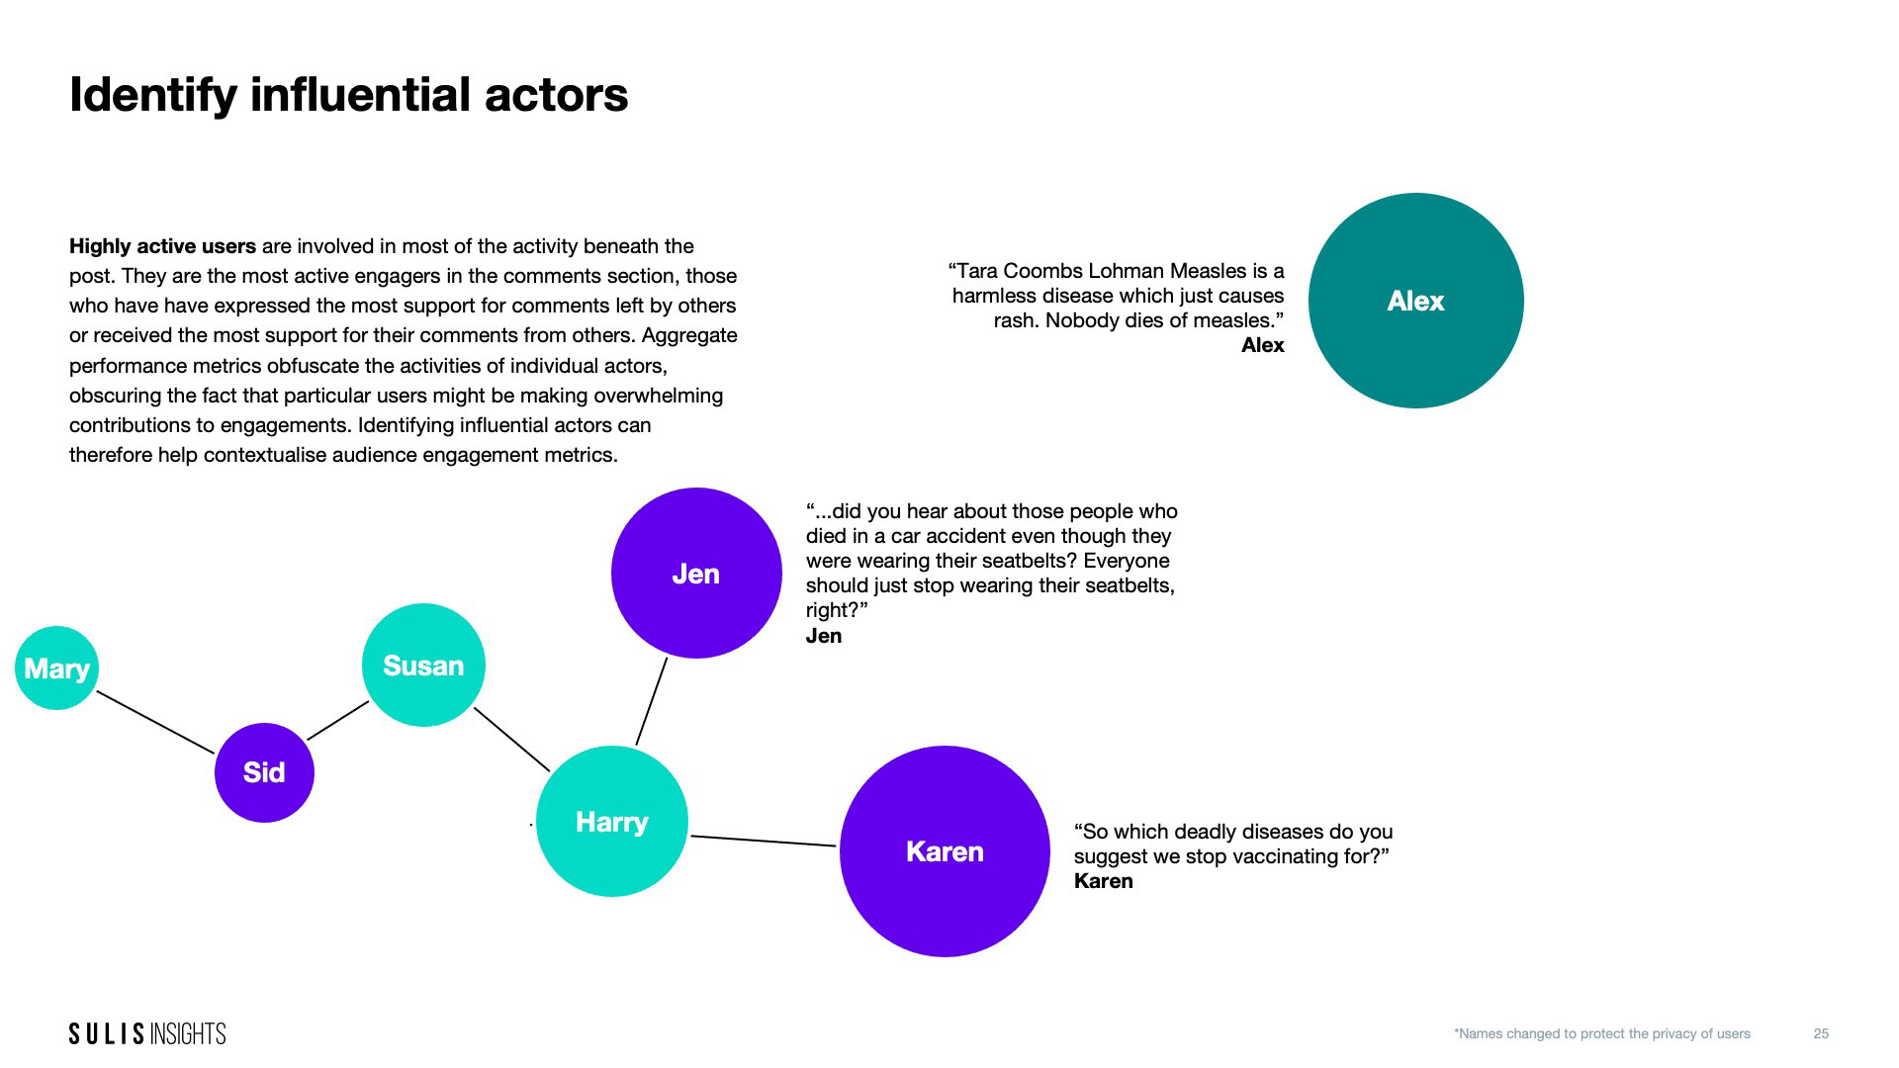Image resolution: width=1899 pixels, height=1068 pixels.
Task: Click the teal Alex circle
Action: pyautogui.click(x=1415, y=301)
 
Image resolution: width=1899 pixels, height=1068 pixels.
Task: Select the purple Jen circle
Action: pyautogui.click(x=696, y=573)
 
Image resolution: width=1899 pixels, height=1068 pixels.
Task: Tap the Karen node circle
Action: pyautogui.click(x=945, y=851)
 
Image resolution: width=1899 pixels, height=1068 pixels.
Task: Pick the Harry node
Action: pyautogui.click(x=611, y=822)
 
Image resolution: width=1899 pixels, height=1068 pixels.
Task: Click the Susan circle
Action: pyautogui.click(x=423, y=666)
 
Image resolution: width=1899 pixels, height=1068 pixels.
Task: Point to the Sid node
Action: pyautogui.click(x=264, y=772)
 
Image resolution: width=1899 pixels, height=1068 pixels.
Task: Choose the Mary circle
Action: pyautogui.click(x=56, y=668)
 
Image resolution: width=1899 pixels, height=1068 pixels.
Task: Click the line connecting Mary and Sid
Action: pyautogui.click(x=155, y=723)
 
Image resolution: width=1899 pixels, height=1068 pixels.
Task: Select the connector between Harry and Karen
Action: pyautogui.click(x=763, y=841)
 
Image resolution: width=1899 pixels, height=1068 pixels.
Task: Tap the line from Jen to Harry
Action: pyautogui.click(x=651, y=701)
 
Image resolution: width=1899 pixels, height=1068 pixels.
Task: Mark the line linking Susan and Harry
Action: pyautogui.click(x=511, y=739)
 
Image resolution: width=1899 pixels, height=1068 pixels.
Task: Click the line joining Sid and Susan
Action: pyautogui.click(x=337, y=720)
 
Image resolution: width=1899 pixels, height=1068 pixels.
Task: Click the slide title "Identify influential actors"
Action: pyautogui.click(x=348, y=95)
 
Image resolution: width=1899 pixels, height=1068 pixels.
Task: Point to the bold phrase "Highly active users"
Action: pyautogui.click(x=162, y=246)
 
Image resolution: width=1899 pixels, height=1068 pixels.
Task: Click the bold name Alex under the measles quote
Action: pyautogui.click(x=1262, y=345)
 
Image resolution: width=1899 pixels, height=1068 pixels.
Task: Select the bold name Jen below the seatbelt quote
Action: pyautogui.click(x=823, y=636)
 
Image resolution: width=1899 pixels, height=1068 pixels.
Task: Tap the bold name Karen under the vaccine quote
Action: pyautogui.click(x=1103, y=881)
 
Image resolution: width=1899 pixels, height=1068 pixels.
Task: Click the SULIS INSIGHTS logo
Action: pyautogui.click(x=147, y=1033)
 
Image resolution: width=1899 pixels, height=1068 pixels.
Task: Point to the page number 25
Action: pyautogui.click(x=1821, y=1033)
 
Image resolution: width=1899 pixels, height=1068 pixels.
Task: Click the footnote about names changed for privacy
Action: pyautogui.click(x=1601, y=1033)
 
